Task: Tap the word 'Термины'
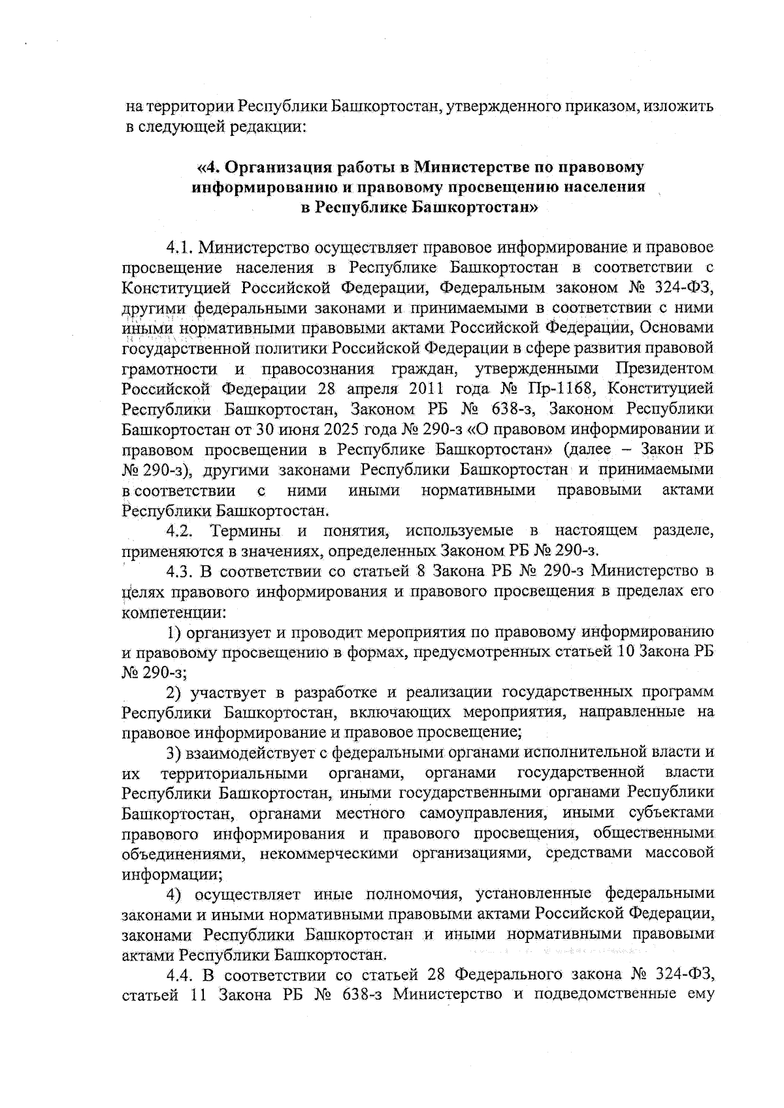(246, 531)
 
